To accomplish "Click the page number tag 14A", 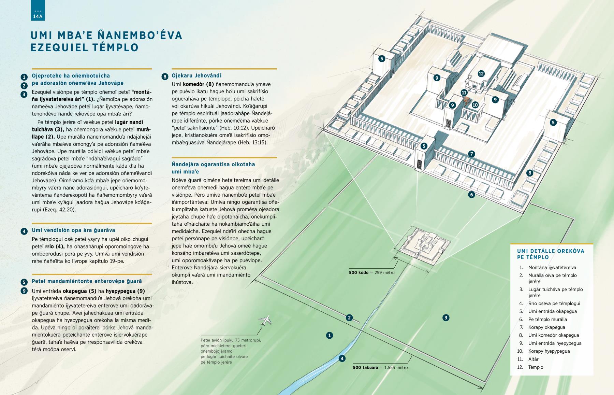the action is pos(38,16).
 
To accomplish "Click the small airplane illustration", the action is pos(265,320).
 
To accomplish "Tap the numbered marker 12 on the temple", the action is pos(481,73).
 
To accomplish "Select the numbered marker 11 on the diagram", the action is pos(464,93).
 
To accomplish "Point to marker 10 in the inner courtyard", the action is pos(475,105).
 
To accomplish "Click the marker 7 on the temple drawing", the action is pos(471,154).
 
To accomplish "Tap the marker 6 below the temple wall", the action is pos(471,195).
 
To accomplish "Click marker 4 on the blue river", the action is pos(342,358).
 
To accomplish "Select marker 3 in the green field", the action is pos(445,318).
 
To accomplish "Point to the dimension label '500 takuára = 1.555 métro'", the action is pos(380,367).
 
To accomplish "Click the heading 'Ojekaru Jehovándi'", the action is pos(196,75).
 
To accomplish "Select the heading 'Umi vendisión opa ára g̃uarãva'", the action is pos(73,230).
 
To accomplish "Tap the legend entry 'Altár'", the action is pos(533,359).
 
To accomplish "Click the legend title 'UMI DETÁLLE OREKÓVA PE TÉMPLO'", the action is pos(551,254).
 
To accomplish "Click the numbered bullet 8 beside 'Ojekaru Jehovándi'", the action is pos(164,76).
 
